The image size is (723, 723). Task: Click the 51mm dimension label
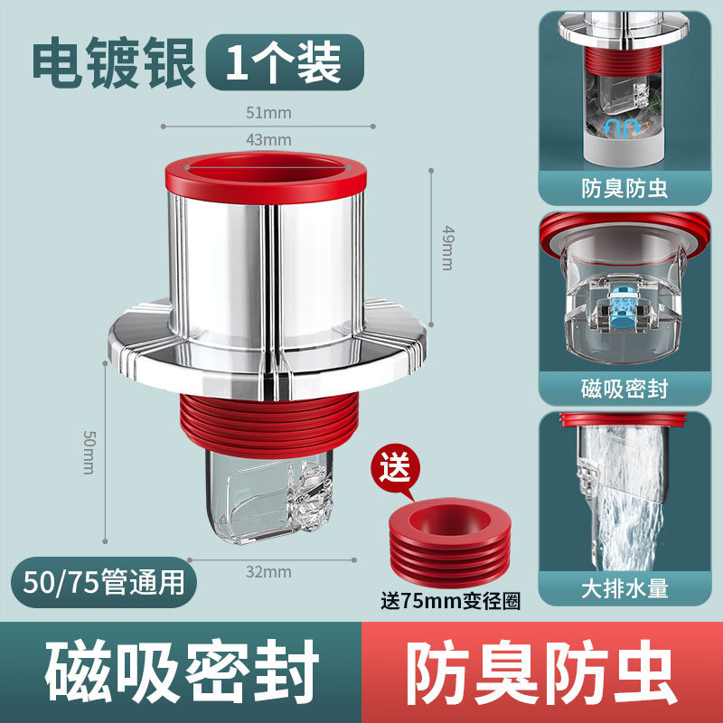click(x=268, y=113)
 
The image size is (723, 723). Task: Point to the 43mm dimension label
click(x=268, y=140)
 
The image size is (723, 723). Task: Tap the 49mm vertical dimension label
click(x=447, y=248)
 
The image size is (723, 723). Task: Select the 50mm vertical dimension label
click(x=89, y=453)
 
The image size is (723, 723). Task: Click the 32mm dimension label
click(x=268, y=572)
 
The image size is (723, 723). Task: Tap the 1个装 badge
click(x=285, y=62)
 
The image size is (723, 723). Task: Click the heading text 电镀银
click(x=114, y=62)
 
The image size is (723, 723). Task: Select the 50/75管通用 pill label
click(x=104, y=582)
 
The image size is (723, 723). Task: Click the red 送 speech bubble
click(x=396, y=469)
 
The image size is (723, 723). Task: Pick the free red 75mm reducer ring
click(x=449, y=542)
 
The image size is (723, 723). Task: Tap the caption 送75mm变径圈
click(x=450, y=601)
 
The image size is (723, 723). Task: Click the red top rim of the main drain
click(x=266, y=175)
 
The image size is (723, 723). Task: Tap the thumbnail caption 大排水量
click(x=624, y=589)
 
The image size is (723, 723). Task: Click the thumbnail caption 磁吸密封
click(x=624, y=389)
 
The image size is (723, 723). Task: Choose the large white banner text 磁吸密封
click(x=182, y=671)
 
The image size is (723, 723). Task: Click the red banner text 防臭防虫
click(x=542, y=671)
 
